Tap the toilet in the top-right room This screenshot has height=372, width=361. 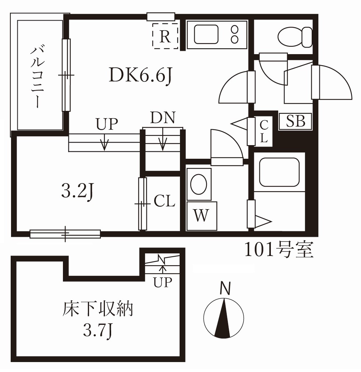pyautogui.click(x=295, y=36)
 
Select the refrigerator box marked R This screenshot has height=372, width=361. pyautogui.click(x=165, y=36)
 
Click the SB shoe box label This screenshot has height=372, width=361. pyautogui.click(x=296, y=121)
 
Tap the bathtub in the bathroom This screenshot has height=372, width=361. pyautogui.click(x=279, y=172)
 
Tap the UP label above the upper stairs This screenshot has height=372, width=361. pyautogui.click(x=107, y=124)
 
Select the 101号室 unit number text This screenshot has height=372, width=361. pyautogui.click(x=279, y=250)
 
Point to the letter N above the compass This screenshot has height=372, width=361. pyautogui.click(x=225, y=288)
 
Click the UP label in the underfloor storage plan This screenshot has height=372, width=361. pyautogui.click(x=163, y=282)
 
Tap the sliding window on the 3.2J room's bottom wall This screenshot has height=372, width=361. pyautogui.click(x=65, y=233)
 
